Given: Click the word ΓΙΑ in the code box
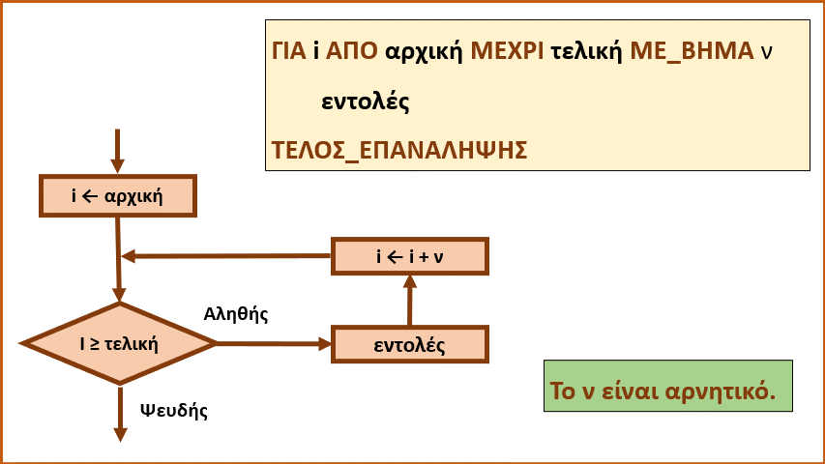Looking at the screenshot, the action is coord(289,51).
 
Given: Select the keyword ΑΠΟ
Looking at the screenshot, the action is coord(351,51).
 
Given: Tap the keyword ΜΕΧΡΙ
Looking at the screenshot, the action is coord(507,51).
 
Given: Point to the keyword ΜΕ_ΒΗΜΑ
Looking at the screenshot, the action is coord(692,51).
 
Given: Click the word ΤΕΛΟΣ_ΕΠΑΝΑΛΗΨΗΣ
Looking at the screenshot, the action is coord(399,151).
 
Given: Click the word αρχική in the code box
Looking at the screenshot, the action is coord(424,52).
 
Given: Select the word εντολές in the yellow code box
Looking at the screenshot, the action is coord(366,101).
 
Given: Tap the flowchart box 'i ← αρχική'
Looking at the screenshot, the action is coord(118,195).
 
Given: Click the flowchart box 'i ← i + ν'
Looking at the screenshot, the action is coord(410,256).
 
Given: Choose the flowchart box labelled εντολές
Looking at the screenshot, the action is coord(410,344).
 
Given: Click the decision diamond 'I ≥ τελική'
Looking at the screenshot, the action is coord(119,343).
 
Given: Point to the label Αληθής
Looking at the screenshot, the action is coord(236,314).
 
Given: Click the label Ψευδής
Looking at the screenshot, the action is coord(174,410).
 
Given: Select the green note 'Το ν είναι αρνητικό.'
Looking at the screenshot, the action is coord(668,386).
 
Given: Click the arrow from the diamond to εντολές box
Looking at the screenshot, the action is coord(274,344).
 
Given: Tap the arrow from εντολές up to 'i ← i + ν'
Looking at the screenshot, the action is coord(410,301).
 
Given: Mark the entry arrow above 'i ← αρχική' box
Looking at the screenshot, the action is coord(117,151).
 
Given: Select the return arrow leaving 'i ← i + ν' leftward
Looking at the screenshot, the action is coord(226,256).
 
